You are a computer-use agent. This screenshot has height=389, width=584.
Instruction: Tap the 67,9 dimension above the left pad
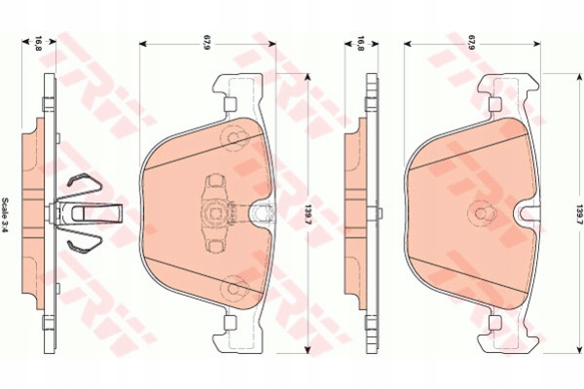(x=206, y=43)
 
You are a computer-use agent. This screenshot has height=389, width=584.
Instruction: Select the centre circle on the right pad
(x=479, y=215)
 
